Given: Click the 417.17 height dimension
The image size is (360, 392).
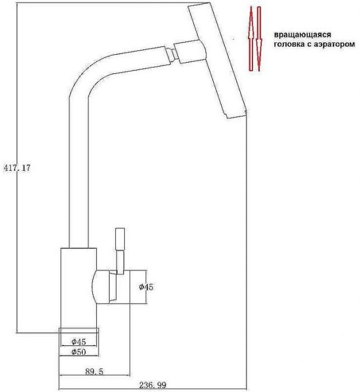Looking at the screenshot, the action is (x=16, y=167).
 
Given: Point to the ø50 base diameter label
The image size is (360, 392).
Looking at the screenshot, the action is (x=78, y=352).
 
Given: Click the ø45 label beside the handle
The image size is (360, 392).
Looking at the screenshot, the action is (x=146, y=287).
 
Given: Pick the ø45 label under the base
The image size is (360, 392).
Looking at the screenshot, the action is (x=78, y=342).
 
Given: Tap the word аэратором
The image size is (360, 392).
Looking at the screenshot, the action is (x=333, y=44).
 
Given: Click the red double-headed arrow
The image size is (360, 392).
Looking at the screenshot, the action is (x=255, y=38).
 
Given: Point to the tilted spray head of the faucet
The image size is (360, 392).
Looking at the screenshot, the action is (x=218, y=62).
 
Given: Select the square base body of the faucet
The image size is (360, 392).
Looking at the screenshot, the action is (x=78, y=286).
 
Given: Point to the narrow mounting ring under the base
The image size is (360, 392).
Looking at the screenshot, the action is (x=78, y=330).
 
